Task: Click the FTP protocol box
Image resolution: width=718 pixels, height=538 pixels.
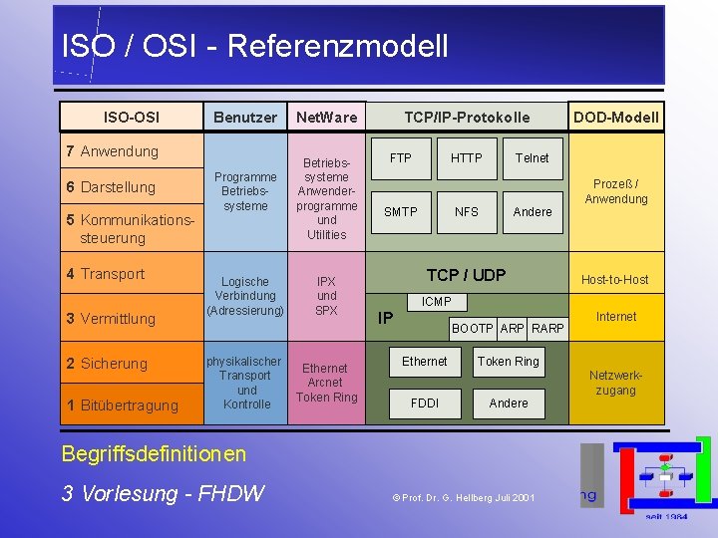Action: (x=401, y=158)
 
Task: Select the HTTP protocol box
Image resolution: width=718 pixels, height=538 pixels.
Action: (x=466, y=158)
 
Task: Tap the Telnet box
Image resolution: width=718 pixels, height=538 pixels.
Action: (x=532, y=158)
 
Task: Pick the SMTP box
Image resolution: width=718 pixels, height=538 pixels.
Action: (x=401, y=211)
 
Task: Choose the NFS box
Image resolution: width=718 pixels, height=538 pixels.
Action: (x=466, y=211)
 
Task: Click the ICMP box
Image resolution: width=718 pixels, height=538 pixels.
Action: (x=436, y=302)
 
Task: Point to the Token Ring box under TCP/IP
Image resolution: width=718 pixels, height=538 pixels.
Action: (x=508, y=362)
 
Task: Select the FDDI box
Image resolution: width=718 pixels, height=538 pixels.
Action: (x=424, y=403)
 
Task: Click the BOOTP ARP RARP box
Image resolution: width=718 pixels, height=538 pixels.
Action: (x=508, y=328)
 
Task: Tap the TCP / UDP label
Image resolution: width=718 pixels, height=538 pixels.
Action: (x=466, y=275)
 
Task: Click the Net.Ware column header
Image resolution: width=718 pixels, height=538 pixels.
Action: (x=326, y=118)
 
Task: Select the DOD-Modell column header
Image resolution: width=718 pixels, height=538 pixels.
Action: (x=615, y=118)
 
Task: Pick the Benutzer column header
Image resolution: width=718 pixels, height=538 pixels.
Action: (x=245, y=118)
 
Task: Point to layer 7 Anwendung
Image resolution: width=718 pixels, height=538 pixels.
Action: (x=112, y=151)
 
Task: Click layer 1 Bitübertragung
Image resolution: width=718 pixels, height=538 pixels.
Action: (x=122, y=405)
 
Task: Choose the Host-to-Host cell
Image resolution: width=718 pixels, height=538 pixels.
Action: (x=615, y=280)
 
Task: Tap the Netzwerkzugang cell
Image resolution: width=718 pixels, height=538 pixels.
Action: (x=615, y=383)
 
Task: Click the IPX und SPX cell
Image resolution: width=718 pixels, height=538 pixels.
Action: (x=326, y=296)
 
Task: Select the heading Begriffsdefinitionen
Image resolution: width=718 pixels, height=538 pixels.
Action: (x=154, y=454)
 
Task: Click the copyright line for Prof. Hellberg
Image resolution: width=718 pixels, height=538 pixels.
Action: (x=463, y=496)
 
